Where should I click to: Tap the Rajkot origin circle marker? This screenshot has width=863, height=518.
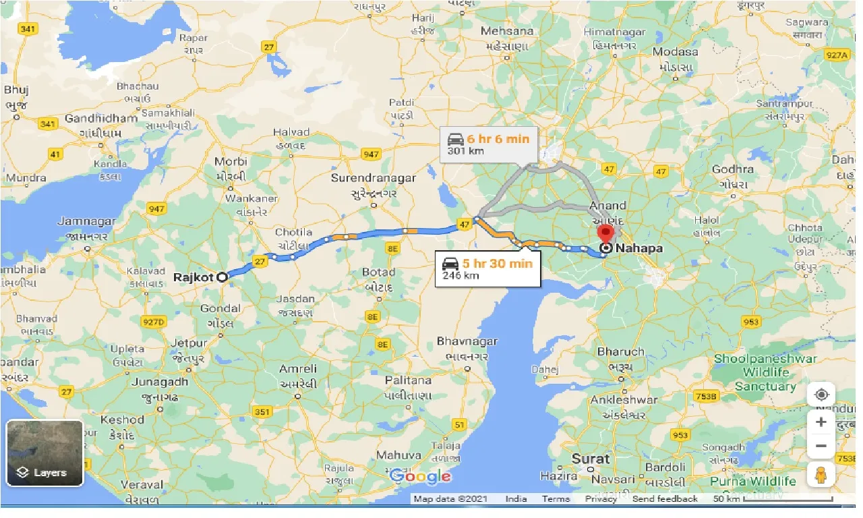[x=222, y=277]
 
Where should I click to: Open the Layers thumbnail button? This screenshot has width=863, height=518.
[x=44, y=453]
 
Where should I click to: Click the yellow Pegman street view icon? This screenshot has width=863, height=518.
[x=821, y=474]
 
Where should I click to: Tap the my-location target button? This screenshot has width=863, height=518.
[x=821, y=395]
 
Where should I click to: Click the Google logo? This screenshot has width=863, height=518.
[x=420, y=476]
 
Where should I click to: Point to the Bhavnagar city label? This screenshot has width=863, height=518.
[x=467, y=341]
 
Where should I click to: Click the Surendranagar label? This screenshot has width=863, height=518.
[x=373, y=179]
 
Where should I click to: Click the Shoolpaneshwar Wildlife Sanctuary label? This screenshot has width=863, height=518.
[x=765, y=372]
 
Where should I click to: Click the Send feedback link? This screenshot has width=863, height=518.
[x=665, y=499]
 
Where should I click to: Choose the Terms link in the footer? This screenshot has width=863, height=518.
[x=556, y=499]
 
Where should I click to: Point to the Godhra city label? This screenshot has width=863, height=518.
[x=732, y=169]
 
